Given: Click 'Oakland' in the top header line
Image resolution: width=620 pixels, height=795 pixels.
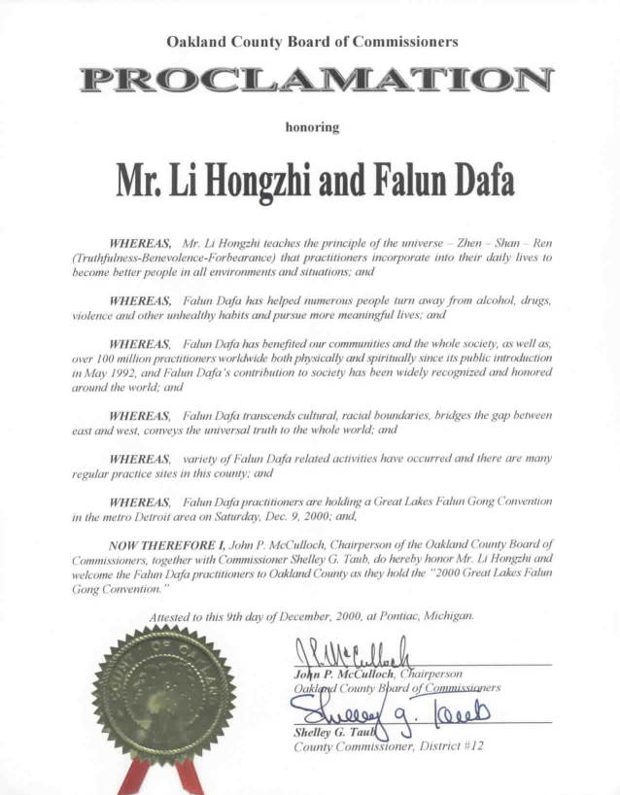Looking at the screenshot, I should tap(197, 42).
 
